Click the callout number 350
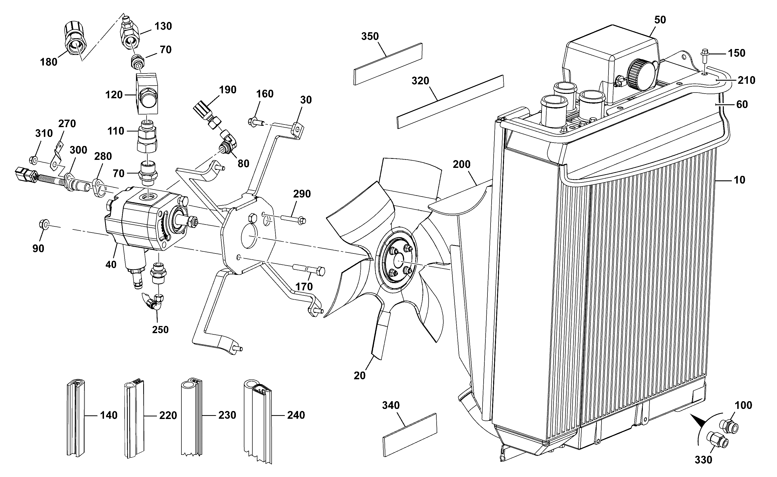click(370, 37)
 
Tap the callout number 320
click(420, 81)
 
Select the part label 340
click(391, 405)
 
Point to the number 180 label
click(49, 62)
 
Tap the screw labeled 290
click(292, 219)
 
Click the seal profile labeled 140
click(76, 418)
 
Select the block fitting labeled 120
click(147, 93)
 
